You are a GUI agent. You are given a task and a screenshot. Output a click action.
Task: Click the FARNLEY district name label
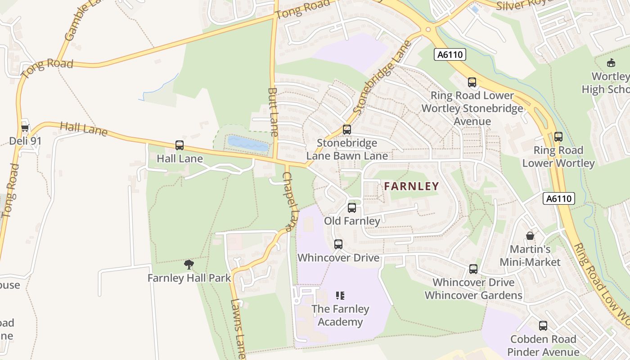click(411, 186)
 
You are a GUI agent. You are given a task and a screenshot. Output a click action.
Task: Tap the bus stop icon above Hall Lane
click(180, 145)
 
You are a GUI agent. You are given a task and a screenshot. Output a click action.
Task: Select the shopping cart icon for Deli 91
click(25, 128)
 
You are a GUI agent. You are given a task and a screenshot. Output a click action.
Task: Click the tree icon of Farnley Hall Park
click(189, 264)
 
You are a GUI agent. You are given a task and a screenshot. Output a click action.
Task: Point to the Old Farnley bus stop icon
click(352, 208)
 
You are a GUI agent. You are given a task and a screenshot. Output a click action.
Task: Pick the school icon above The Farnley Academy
click(340, 296)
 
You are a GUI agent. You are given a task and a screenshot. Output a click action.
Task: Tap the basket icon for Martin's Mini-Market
click(530, 236)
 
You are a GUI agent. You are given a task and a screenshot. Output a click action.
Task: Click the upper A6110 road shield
click(450, 55)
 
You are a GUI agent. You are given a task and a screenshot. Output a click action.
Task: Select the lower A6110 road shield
click(559, 198)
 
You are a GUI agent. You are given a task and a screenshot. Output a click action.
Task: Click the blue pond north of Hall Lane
click(247, 144)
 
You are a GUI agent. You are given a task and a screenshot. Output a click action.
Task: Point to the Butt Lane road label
click(273, 112)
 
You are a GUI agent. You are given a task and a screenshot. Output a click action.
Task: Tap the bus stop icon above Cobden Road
click(543, 326)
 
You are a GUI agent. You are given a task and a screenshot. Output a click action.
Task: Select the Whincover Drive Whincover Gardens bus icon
click(473, 269)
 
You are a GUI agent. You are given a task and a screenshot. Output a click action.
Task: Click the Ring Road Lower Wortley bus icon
click(558, 137)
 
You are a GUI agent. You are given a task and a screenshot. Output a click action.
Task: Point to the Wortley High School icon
click(611, 63)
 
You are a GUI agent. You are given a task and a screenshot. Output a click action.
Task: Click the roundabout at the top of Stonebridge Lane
click(428, 30)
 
